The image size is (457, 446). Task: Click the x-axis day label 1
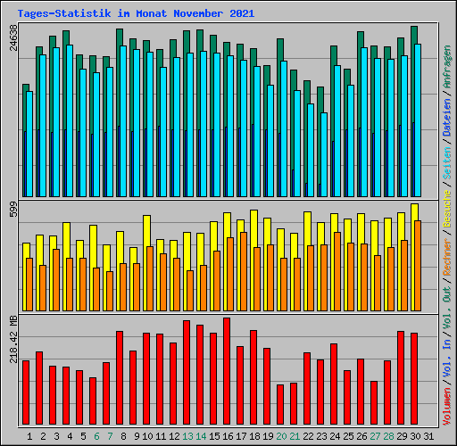pyautogui.click(x=30, y=436)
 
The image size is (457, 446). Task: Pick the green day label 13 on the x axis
pyautogui.click(x=187, y=436)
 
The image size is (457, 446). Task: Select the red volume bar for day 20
pyautogui.click(x=280, y=405)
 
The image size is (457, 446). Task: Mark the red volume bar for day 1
pyautogui.click(x=26, y=392)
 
